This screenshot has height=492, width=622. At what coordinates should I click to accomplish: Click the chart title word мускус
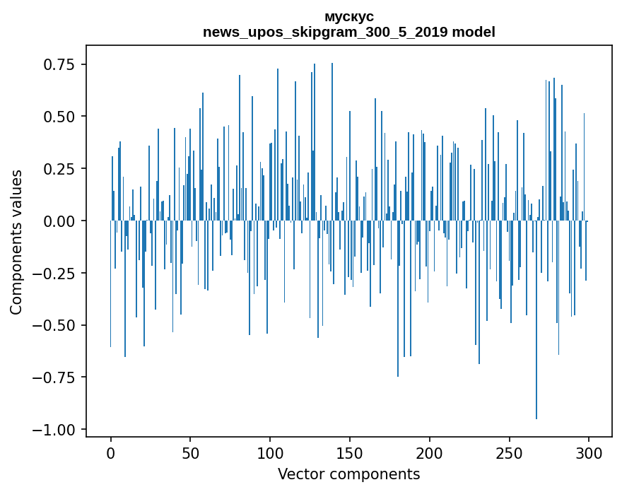tap(348, 16)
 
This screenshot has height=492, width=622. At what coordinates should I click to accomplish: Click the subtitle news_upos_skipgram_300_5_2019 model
tap(348, 32)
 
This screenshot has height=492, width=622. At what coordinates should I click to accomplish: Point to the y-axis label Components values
tap(16, 241)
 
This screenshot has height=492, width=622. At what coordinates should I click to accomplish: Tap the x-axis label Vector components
tap(348, 474)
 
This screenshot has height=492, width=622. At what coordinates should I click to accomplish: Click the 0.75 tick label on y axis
tap(59, 64)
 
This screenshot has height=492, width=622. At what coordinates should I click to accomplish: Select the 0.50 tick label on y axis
tap(59, 117)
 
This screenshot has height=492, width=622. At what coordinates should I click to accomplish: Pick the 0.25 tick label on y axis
tap(59, 169)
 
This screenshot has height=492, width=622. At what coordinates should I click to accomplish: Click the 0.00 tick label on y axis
tap(59, 221)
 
